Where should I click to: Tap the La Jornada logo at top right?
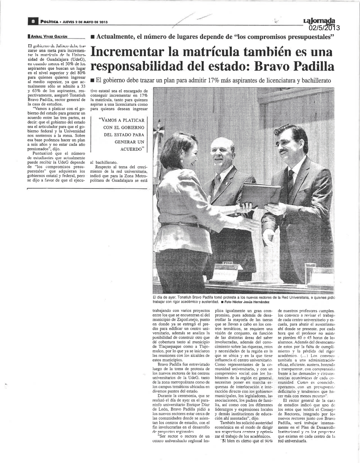click(319, 21)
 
